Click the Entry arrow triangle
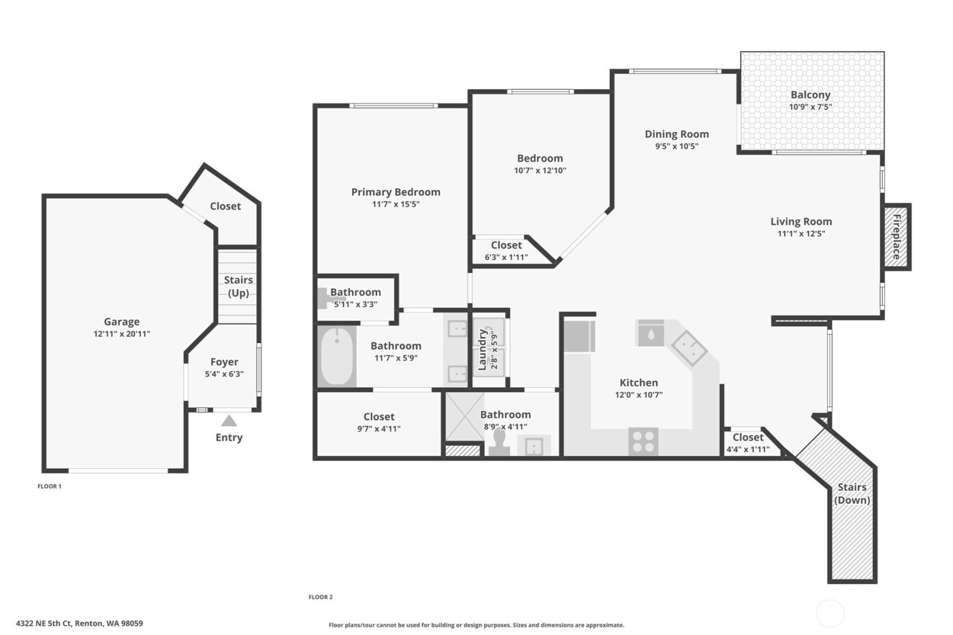tap(229, 421)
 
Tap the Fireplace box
tap(897, 237)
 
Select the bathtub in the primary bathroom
tap(336, 357)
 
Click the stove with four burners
tap(643, 440)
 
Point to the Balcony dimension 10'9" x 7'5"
tap(810, 107)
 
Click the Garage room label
tap(122, 322)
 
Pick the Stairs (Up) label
tap(238, 287)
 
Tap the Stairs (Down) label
tap(852, 493)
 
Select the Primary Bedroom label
tap(395, 192)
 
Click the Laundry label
tap(483, 349)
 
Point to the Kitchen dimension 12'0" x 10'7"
tap(639, 395)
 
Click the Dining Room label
tap(677, 134)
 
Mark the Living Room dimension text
tap(801, 234)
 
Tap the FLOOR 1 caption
tap(49, 487)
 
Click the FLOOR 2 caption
tap(321, 597)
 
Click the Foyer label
tap(224, 362)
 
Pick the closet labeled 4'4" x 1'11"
tap(747, 443)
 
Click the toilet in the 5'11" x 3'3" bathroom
tap(324, 297)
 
